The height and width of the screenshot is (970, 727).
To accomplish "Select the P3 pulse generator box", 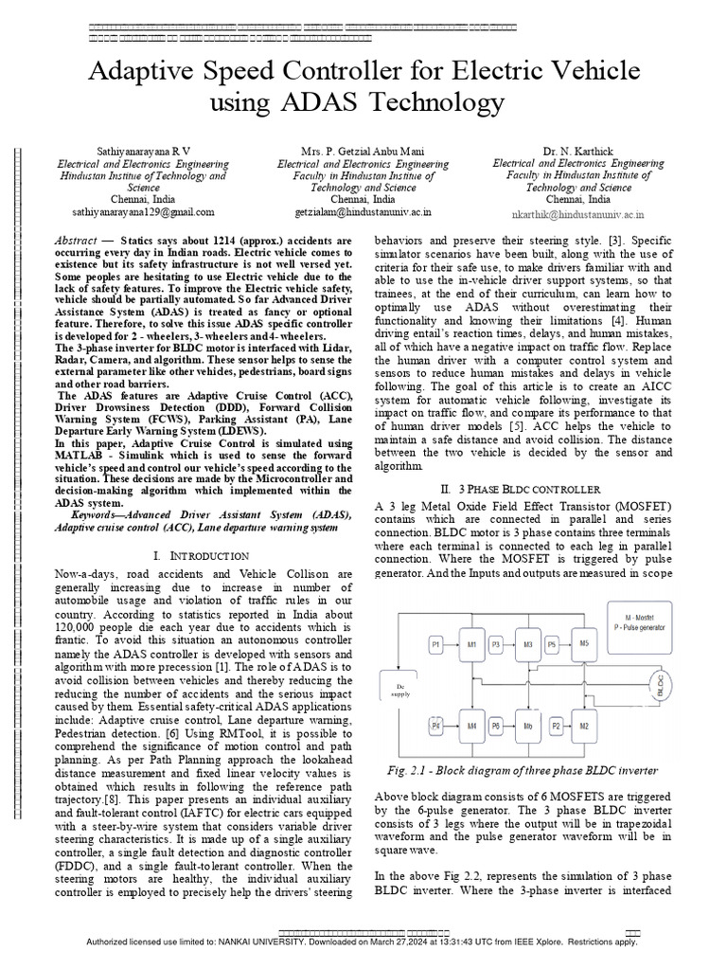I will point(496,644).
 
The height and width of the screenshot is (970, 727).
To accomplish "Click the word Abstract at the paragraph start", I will point(77,242).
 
